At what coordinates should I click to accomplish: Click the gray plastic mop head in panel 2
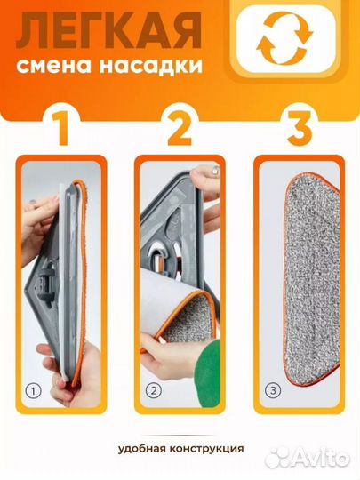178,222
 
